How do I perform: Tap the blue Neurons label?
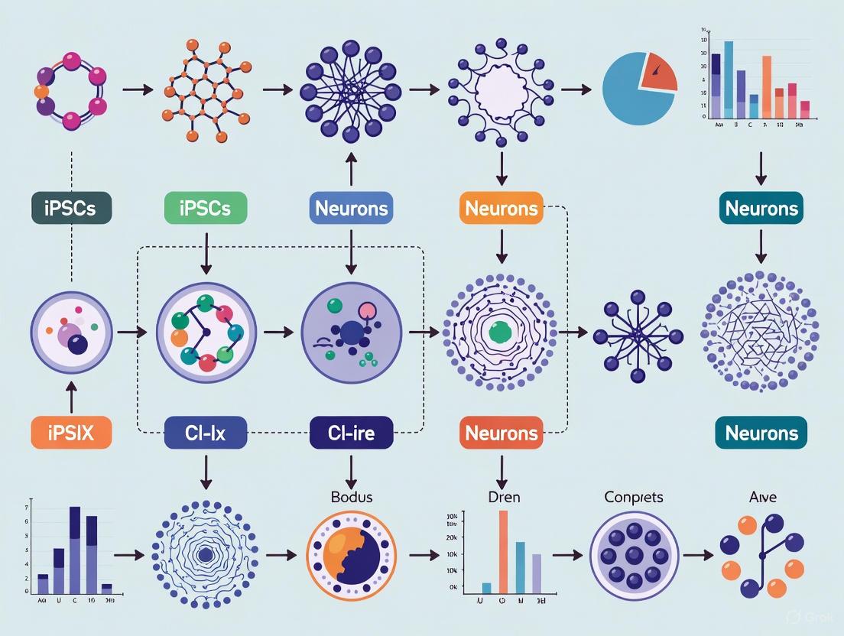(351, 208)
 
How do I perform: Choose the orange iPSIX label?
(71, 433)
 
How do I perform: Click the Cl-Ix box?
(206, 433)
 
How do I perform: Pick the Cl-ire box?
(351, 433)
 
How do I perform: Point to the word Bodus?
(352, 497)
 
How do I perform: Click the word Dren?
(504, 497)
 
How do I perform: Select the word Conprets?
(634, 497)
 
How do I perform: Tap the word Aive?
(762, 497)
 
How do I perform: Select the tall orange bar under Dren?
(503, 550)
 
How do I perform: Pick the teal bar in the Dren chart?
(520, 567)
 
